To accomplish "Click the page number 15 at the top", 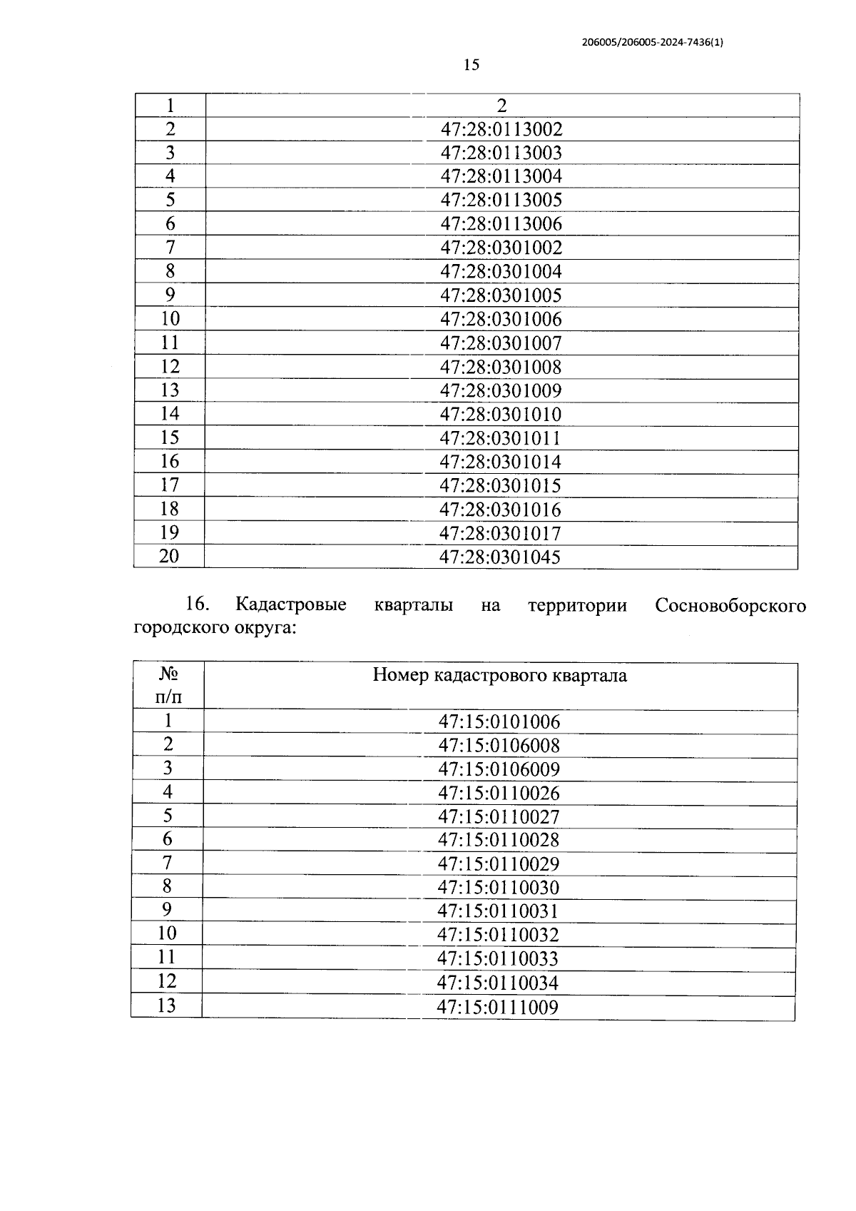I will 471,65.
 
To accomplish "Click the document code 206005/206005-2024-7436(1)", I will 653,43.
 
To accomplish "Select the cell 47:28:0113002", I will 501,130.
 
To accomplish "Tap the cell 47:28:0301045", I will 500,557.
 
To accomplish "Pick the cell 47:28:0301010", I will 500,415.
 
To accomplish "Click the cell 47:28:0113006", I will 501,224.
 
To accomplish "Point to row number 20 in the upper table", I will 169,556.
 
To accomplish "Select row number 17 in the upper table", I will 169,485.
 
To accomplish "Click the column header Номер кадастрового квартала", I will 500,675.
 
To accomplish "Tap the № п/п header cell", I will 168,685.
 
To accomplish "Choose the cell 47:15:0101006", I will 499,721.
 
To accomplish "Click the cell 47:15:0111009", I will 497,1008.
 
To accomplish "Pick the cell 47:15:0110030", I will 499,888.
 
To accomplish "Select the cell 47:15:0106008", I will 499,746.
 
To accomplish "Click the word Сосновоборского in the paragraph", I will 730,606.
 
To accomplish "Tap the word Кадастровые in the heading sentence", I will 291,605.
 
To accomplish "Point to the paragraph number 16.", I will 197,604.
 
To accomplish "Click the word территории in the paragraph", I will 577,606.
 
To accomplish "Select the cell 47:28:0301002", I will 501,248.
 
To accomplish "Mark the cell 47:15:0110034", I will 498,983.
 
